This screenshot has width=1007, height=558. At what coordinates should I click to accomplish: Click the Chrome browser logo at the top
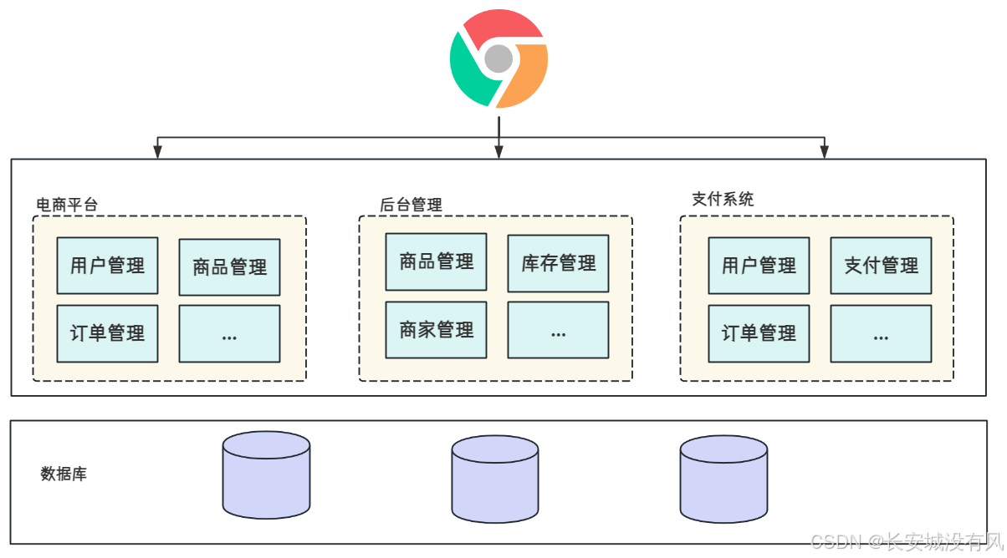click(498, 58)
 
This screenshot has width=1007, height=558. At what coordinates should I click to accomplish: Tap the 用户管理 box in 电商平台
click(107, 266)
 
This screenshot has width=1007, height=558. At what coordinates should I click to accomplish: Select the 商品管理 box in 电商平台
click(229, 267)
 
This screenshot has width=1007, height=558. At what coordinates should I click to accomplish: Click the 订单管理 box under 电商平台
click(107, 333)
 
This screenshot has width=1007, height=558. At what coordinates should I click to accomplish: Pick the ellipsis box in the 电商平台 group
click(229, 333)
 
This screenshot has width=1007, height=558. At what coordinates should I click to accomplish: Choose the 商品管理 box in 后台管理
click(436, 261)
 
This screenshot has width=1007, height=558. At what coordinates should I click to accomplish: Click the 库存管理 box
click(558, 264)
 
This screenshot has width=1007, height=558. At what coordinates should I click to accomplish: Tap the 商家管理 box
click(436, 330)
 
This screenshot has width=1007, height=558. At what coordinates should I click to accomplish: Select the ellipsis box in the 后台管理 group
click(558, 330)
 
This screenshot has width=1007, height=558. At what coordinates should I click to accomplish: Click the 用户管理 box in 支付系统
click(759, 266)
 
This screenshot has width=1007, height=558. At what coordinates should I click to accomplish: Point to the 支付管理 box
click(881, 266)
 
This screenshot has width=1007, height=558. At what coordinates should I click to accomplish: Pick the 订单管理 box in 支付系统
click(759, 333)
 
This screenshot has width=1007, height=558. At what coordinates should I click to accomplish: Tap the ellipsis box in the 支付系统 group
click(881, 333)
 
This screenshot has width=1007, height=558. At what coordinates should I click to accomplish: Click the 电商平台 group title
click(67, 204)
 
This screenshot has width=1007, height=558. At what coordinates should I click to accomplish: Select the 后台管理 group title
click(411, 205)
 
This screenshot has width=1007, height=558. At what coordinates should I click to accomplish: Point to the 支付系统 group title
click(723, 199)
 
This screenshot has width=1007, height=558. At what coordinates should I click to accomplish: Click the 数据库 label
click(64, 474)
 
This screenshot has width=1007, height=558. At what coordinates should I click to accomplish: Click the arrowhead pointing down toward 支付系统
click(824, 152)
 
